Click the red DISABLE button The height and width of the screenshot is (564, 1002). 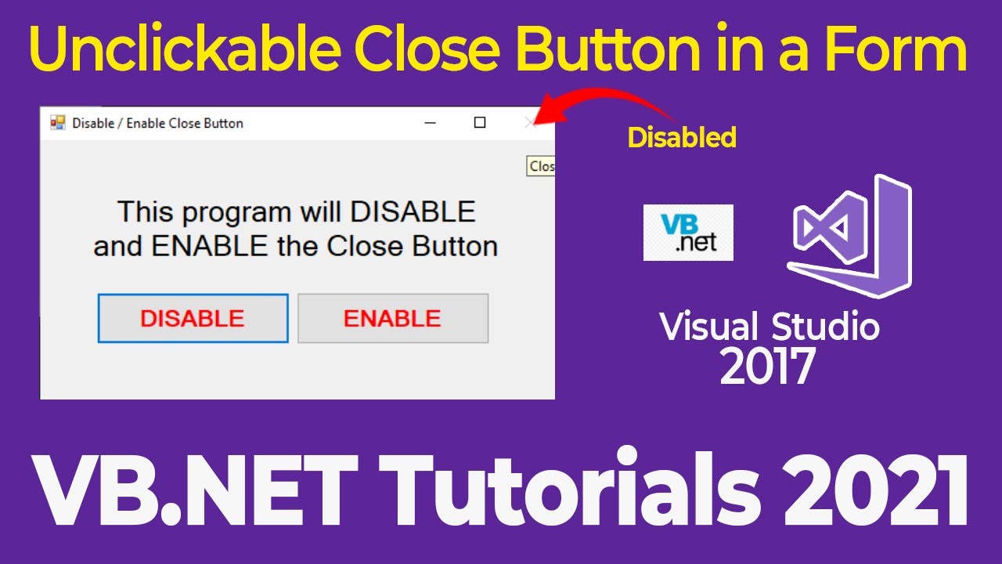(193, 319)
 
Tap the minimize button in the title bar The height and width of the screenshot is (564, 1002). (430, 123)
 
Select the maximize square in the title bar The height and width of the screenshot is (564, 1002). (480, 122)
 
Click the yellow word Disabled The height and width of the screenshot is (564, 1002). (682, 138)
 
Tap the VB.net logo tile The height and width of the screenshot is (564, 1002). (688, 233)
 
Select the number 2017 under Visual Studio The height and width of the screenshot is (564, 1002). (767, 366)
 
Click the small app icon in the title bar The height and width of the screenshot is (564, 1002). (58, 123)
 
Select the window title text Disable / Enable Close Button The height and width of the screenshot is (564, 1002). (157, 123)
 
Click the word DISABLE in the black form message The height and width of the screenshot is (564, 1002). (413, 211)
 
